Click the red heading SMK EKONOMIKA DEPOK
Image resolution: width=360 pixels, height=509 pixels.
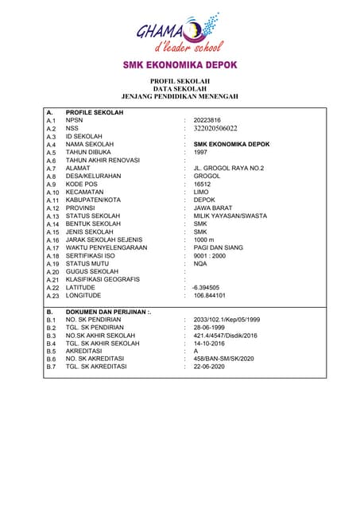click(180, 64)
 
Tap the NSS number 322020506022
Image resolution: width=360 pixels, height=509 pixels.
click(221, 128)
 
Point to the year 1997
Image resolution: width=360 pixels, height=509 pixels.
click(200, 152)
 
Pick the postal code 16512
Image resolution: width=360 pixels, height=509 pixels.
click(203, 184)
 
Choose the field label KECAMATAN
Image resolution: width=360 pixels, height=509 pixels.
click(86, 192)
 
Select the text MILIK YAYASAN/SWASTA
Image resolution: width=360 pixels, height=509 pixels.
click(230, 216)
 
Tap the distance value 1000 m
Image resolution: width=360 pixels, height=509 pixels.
click(204, 239)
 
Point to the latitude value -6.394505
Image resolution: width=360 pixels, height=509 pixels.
click(206, 287)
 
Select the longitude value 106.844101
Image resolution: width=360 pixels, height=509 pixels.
click(211, 295)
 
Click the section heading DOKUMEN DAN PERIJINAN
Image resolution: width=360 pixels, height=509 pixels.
click(108, 311)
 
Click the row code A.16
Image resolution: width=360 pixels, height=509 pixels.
click(52, 239)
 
